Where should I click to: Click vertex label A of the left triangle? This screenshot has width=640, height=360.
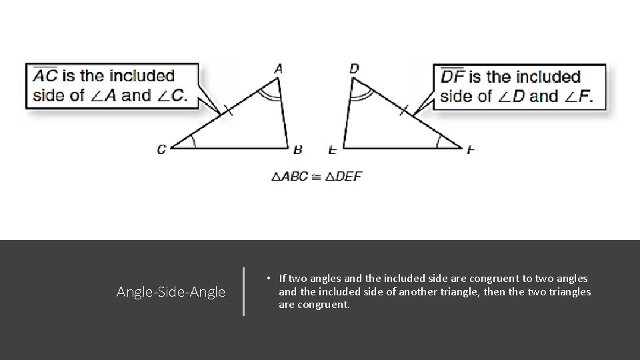pos(279,68)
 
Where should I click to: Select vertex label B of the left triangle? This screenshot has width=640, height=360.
pos(298,149)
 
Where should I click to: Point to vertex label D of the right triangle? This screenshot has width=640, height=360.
pos(354,68)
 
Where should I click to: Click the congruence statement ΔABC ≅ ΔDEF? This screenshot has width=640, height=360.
pos(317,177)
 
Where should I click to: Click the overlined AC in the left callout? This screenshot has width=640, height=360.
pos(45,76)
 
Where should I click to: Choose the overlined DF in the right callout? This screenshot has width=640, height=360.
pos(454,77)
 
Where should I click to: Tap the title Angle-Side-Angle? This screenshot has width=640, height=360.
pos(171,292)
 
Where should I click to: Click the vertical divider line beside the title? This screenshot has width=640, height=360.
pos(244,291)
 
